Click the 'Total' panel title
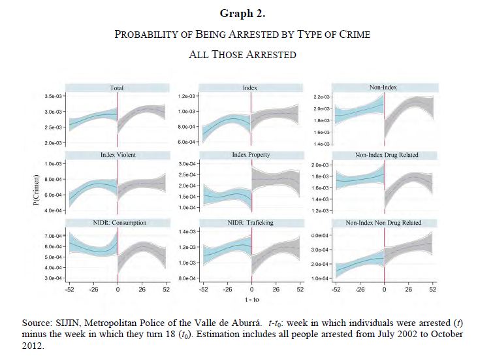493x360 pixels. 117,88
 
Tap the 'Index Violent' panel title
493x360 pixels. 118,155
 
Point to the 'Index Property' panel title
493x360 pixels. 251,155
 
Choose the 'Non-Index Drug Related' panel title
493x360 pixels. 387,155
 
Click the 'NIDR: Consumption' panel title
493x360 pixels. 118,223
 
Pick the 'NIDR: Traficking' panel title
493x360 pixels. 251,223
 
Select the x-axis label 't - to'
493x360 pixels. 250,301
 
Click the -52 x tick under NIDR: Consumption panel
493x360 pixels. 69,289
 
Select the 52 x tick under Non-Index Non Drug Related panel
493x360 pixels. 433,289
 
